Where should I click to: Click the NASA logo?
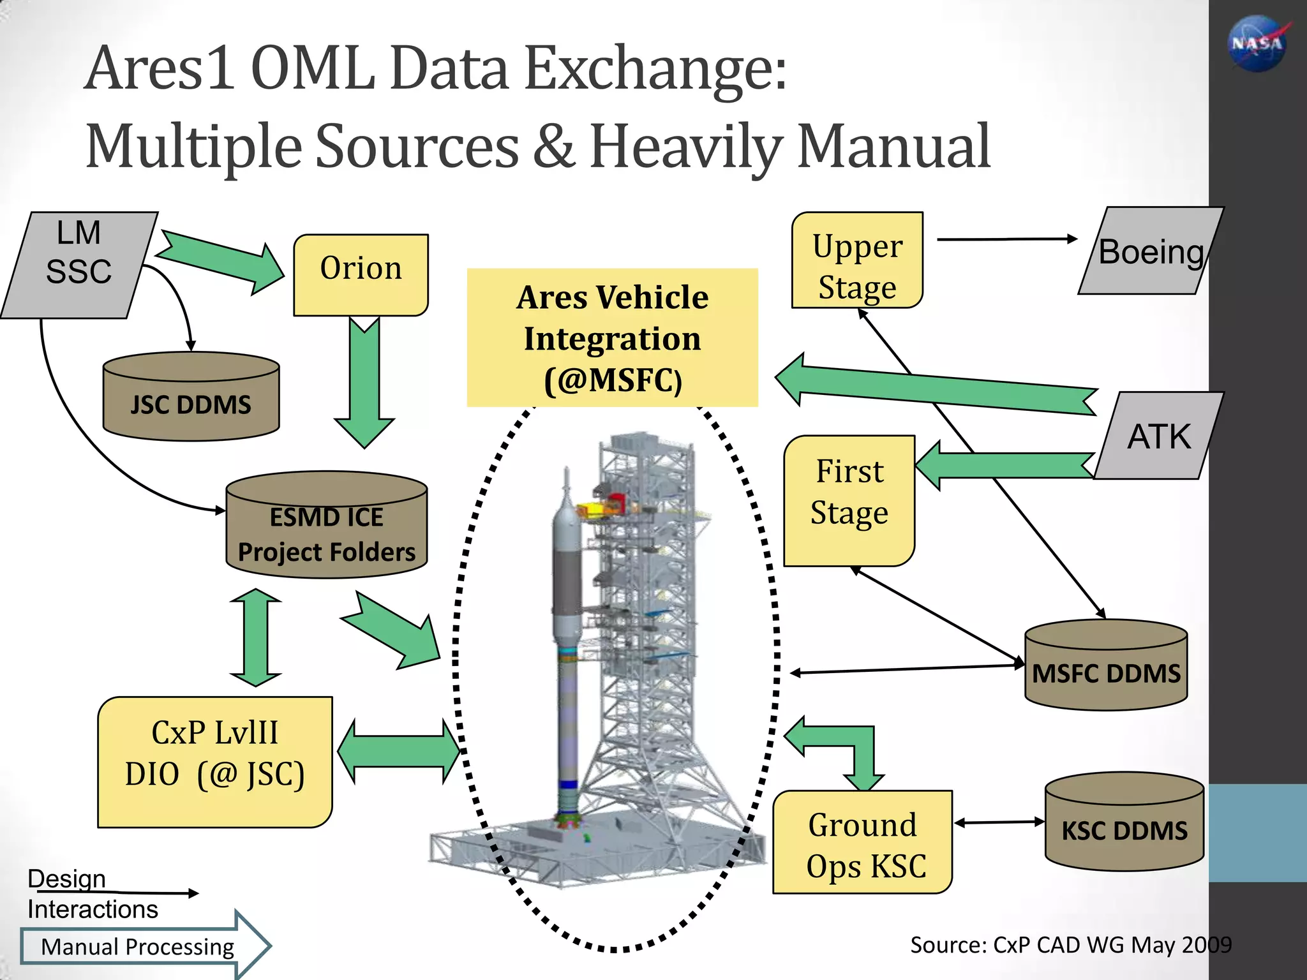coord(1257,43)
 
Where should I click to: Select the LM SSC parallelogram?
coord(78,265)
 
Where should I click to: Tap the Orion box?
coord(361,274)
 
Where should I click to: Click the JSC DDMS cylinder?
coord(191,397)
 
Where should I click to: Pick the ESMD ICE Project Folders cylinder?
coord(326,526)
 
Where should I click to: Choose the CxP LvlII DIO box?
coord(215,762)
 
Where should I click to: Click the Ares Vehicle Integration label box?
coord(612,338)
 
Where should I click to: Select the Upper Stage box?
coord(857,260)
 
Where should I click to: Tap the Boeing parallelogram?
coord(1151,251)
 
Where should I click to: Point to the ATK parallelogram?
coord(1158,436)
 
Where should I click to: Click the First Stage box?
coord(849,501)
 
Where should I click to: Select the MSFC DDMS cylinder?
coord(1105,665)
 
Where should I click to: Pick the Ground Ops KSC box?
coord(862,842)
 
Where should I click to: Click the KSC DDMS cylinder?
coord(1124,823)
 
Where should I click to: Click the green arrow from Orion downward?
coord(364,383)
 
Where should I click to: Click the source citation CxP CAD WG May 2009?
coord(1070,945)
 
